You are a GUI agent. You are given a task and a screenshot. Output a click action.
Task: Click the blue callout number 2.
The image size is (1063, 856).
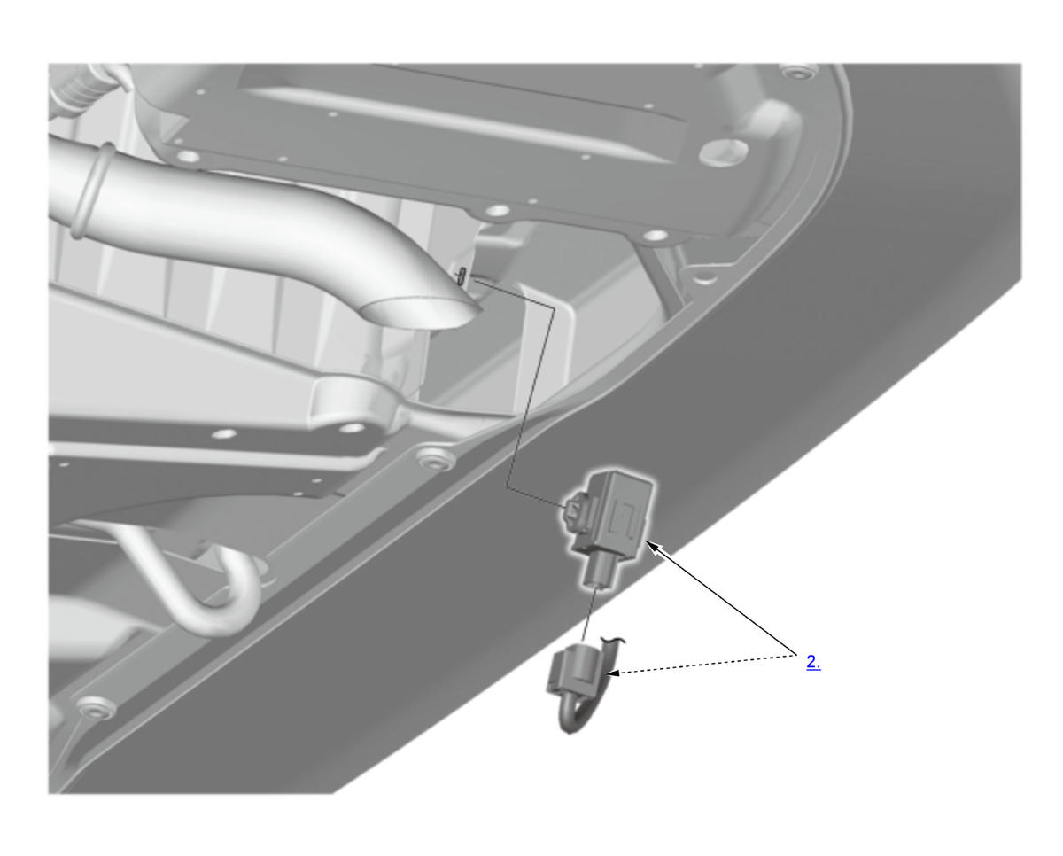(813, 663)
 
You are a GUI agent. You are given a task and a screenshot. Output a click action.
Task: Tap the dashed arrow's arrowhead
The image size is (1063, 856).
(612, 673)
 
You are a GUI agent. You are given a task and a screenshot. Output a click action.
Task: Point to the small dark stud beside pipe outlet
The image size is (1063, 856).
(461, 276)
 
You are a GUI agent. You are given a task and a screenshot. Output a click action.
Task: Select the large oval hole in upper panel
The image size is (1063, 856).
(723, 152)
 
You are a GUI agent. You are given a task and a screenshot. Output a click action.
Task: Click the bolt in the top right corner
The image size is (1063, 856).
(799, 73)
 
